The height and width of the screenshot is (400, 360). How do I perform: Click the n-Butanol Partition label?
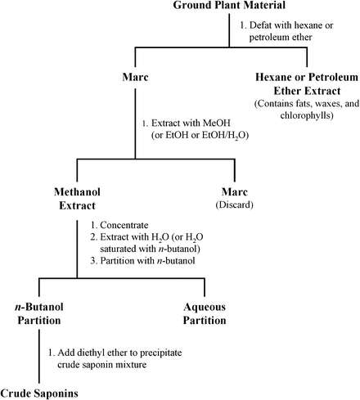pos(40,313)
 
